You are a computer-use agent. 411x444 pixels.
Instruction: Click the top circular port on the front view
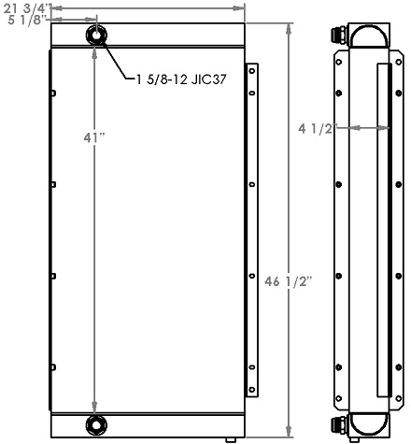(97, 36)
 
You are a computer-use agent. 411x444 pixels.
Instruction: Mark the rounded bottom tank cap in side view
(367, 427)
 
